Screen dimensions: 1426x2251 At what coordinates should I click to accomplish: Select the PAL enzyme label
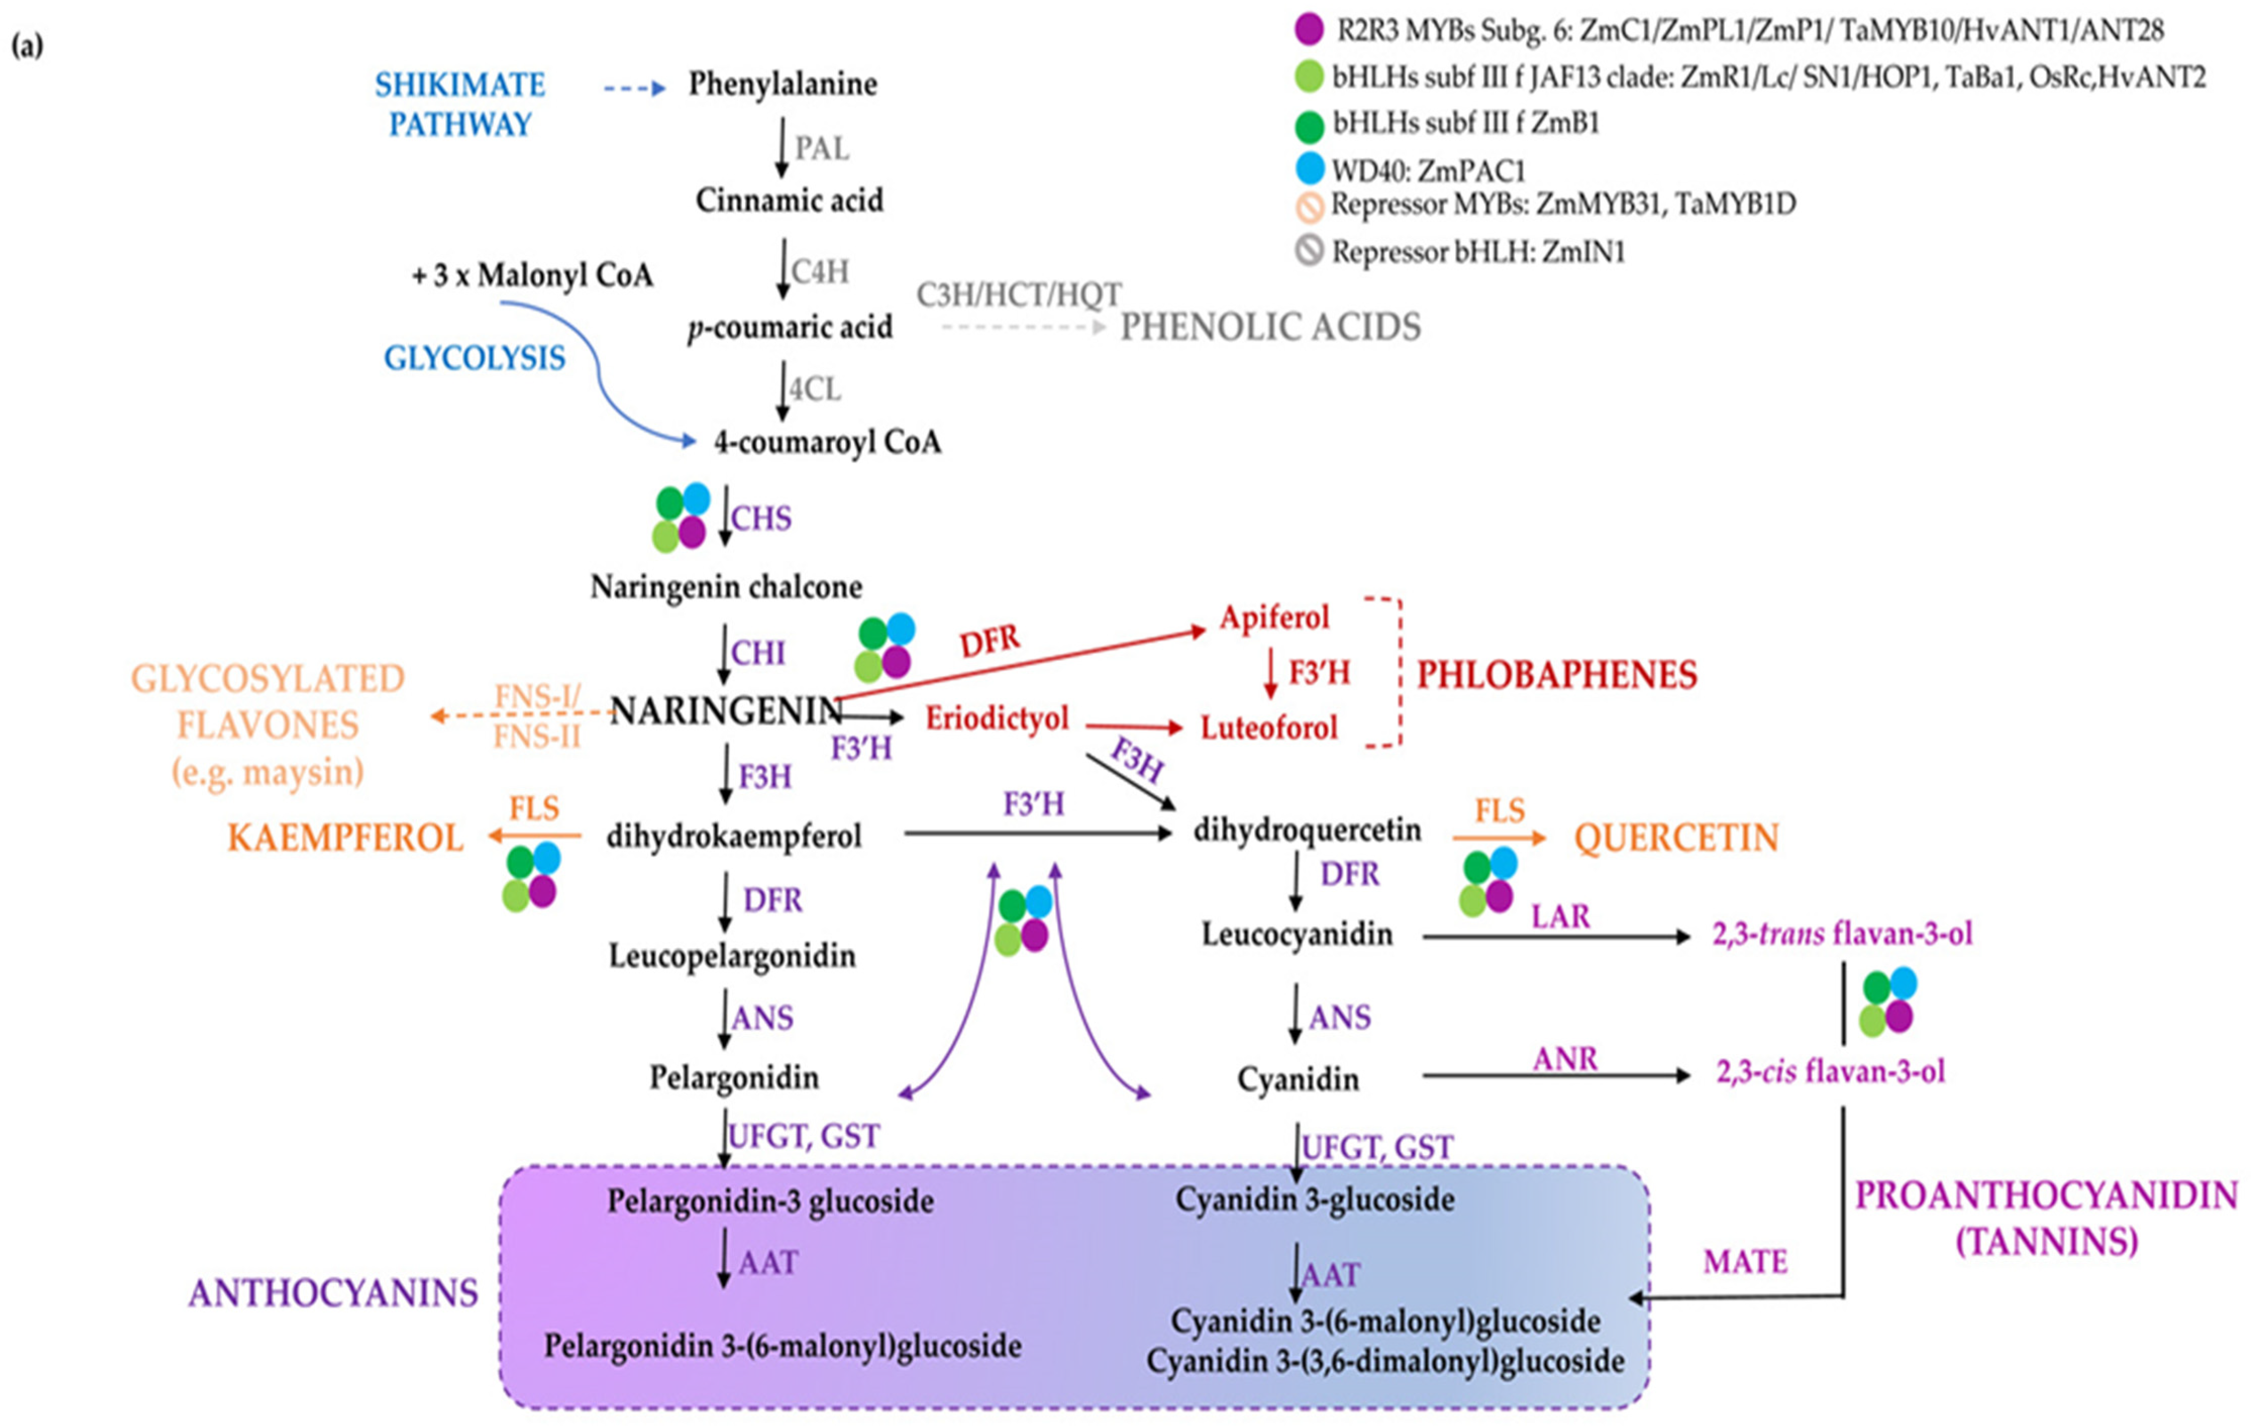point(822,148)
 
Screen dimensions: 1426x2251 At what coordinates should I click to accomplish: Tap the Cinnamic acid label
point(789,200)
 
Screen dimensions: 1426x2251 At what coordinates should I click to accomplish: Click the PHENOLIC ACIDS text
point(1271,327)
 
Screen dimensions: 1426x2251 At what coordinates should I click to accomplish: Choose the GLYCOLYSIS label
point(475,358)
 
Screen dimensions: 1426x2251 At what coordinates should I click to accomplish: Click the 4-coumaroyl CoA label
point(827,442)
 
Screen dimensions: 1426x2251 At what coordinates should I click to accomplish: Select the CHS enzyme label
point(761,519)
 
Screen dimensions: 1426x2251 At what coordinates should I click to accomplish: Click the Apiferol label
point(1273,618)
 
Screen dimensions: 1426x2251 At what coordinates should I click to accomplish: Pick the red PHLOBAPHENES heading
point(1556,675)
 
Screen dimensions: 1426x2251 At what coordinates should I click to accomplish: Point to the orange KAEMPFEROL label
point(345,838)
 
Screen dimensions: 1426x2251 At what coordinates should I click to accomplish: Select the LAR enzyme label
point(1560,917)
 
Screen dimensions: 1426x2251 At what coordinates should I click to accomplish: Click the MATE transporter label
point(1744,1263)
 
